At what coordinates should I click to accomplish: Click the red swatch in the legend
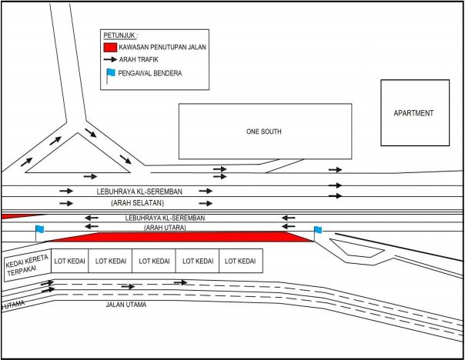pos(110,48)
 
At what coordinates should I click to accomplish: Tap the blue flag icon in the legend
pos(110,75)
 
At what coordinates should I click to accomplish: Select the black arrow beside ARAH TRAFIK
pos(110,59)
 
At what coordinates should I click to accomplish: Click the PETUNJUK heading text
pos(120,35)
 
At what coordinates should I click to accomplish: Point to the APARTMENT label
pos(413,113)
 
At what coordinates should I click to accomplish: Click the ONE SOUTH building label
pos(263,132)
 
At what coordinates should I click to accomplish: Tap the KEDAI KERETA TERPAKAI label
pos(26,265)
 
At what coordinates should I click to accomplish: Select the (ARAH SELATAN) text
pos(137,203)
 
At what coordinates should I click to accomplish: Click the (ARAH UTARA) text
pos(165,228)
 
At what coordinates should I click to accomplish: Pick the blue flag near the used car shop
pos(39,232)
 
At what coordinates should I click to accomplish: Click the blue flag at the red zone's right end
pos(317,232)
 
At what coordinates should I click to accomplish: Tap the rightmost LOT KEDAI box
pos(241,261)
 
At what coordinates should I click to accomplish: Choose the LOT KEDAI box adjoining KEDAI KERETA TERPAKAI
pos(70,261)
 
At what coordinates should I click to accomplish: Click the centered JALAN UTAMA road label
pos(126,305)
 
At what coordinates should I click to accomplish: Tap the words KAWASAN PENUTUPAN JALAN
pos(162,47)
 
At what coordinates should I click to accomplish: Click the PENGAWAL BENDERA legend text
pos(150,73)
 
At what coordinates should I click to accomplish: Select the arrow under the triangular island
pos(90,177)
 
